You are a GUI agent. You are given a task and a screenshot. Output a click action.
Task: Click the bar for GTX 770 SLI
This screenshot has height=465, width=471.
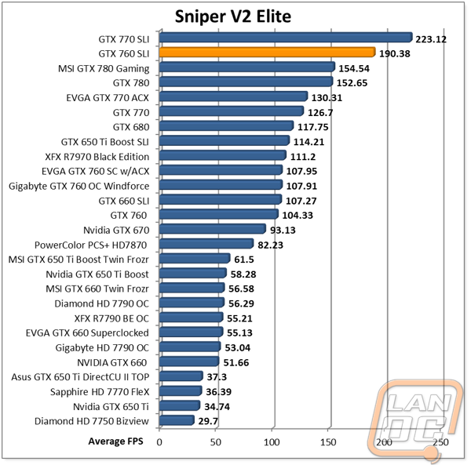(286, 38)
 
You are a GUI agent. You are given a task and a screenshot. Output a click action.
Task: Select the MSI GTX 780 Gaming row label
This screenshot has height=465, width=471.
(104, 67)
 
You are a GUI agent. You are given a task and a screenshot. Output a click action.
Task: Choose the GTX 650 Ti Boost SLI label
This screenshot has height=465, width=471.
(105, 141)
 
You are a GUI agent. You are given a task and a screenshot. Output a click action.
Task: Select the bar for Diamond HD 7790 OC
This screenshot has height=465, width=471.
(192, 303)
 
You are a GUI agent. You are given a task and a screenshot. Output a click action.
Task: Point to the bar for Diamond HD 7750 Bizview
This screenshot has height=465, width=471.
(177, 420)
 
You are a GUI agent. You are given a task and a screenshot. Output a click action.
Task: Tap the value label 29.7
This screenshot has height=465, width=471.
(208, 421)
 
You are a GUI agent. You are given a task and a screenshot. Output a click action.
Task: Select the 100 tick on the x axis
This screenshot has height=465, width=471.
(272, 442)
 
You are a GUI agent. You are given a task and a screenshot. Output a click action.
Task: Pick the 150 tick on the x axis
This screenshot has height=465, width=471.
(328, 442)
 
